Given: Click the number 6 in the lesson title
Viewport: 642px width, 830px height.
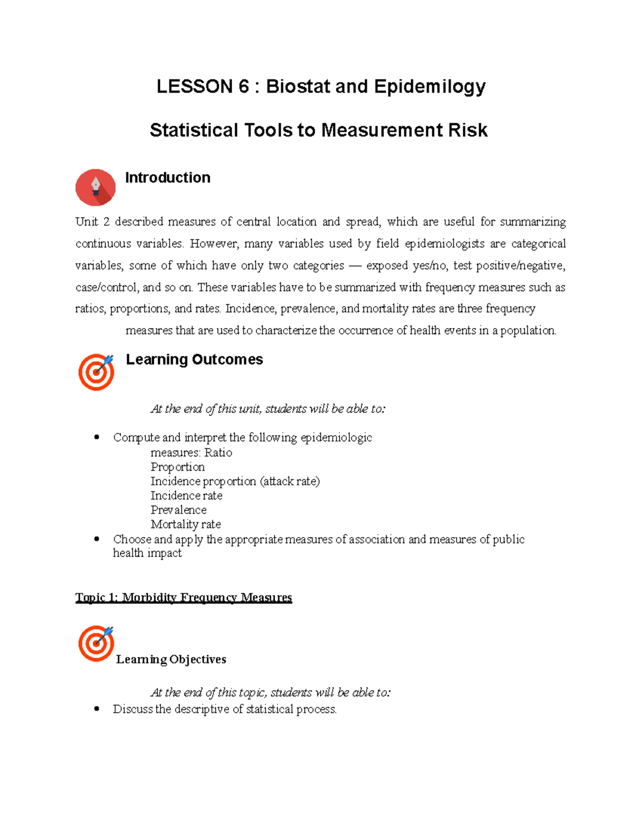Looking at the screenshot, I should click(x=243, y=87).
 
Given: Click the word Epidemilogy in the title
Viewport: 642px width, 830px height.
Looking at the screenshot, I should click(x=430, y=87).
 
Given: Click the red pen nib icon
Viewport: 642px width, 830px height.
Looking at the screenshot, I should click(x=96, y=188).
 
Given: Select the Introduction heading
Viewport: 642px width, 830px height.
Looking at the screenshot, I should click(x=167, y=177).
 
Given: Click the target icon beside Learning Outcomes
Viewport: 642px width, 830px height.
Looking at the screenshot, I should click(x=96, y=372).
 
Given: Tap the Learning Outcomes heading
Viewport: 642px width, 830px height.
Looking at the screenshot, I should click(x=194, y=360).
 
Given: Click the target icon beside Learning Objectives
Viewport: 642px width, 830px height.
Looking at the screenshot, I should click(x=96, y=643).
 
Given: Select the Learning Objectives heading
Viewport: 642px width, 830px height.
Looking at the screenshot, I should click(x=171, y=660).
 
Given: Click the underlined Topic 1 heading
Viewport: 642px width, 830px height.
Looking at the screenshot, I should click(x=184, y=598).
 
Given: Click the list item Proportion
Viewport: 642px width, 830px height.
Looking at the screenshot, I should click(x=178, y=467).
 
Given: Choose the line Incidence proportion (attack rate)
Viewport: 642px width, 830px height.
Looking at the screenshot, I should click(x=235, y=482).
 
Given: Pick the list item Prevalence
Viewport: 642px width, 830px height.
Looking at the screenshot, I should click(x=178, y=510).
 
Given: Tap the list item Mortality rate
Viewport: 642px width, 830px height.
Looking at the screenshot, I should click(x=186, y=525).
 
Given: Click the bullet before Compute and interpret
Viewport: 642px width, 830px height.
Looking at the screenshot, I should click(x=97, y=437).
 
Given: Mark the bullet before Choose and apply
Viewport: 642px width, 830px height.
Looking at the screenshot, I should click(x=97, y=539).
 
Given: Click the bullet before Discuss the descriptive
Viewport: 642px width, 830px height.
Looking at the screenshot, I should click(x=97, y=709).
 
